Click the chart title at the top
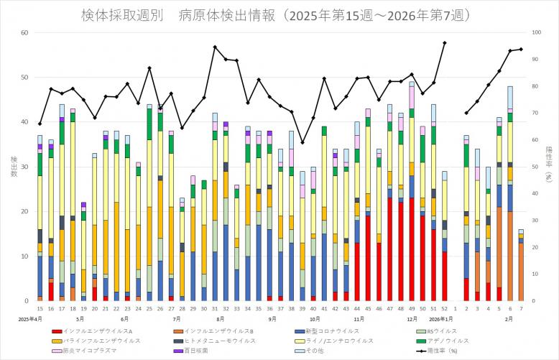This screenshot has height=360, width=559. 279,16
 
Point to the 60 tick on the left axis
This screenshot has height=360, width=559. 24,33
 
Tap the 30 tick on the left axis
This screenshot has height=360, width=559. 24,167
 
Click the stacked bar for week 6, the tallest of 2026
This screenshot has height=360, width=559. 510,194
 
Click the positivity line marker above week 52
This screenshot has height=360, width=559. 444,43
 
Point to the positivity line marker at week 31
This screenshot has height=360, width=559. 214,47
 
